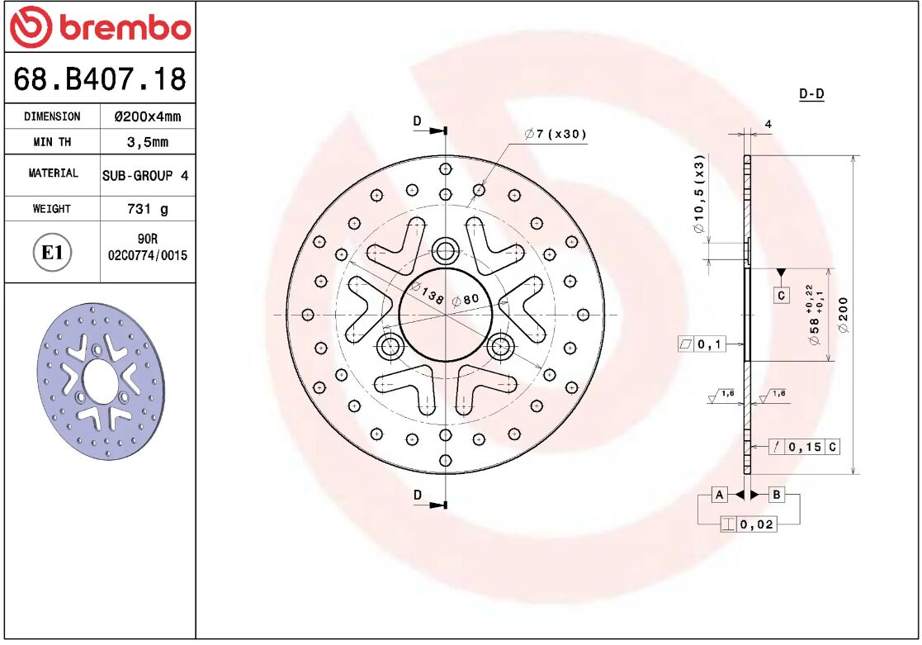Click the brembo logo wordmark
[100, 28]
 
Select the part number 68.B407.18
[100, 80]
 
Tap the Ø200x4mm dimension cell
[147, 116]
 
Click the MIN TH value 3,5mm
[147, 142]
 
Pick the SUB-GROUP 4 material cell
[145, 175]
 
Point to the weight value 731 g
[147, 209]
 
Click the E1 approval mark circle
[52, 252]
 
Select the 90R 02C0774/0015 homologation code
[147, 248]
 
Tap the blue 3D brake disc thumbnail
[100, 381]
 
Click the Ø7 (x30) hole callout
[556, 134]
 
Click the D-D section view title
[811, 94]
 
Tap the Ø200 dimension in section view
[843, 315]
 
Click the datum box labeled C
[781, 295]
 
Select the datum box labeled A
[720, 495]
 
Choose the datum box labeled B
[777, 495]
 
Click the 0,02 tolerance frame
[748, 524]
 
